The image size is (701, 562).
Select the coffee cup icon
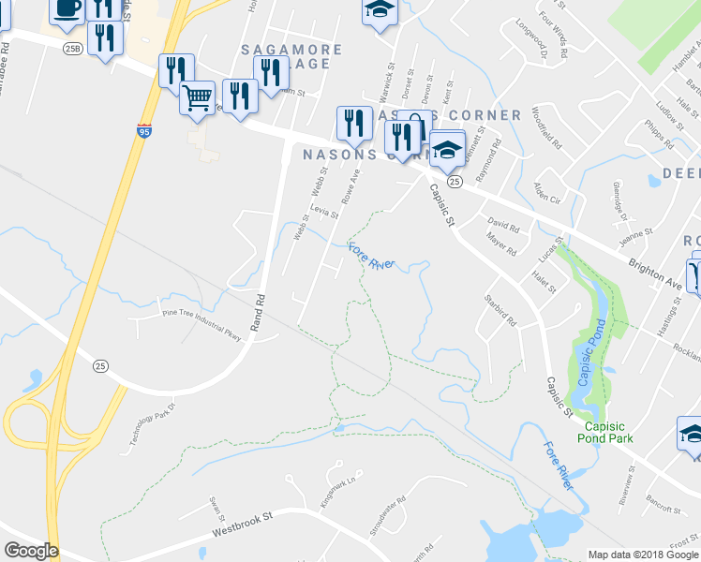tap(67, 8)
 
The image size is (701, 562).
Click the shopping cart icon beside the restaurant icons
tap(197, 96)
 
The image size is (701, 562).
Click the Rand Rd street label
tap(261, 308)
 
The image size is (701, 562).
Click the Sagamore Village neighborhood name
tap(287, 55)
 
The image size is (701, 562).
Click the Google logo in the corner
tap(31, 551)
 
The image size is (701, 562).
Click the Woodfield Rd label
tap(546, 130)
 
